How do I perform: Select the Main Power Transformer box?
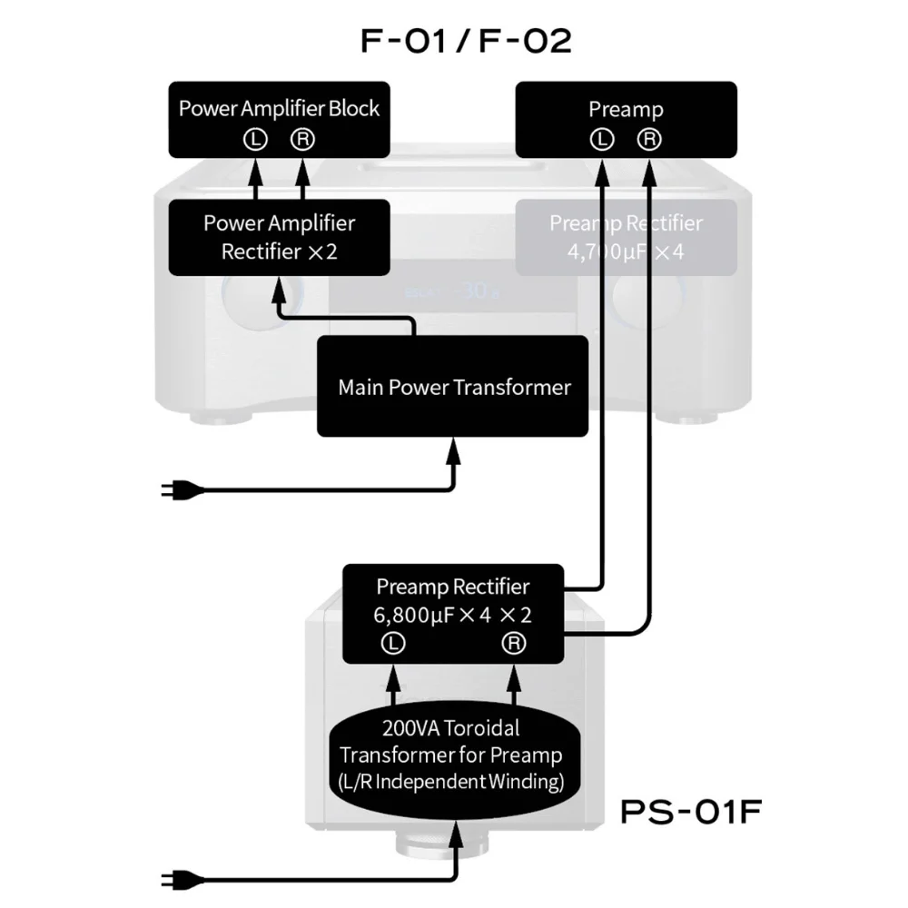coord(453,387)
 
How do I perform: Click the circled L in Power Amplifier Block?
coord(255,139)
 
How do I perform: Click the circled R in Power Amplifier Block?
coord(301,139)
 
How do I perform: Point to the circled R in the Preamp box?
coord(649,139)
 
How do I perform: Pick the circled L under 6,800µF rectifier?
coord(393,643)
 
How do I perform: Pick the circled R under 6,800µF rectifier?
coord(514,643)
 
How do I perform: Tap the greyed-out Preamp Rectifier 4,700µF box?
coord(626,237)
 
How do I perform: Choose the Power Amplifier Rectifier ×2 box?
coord(279,237)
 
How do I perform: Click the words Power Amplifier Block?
coord(279,109)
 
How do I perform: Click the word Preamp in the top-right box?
coord(626,110)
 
